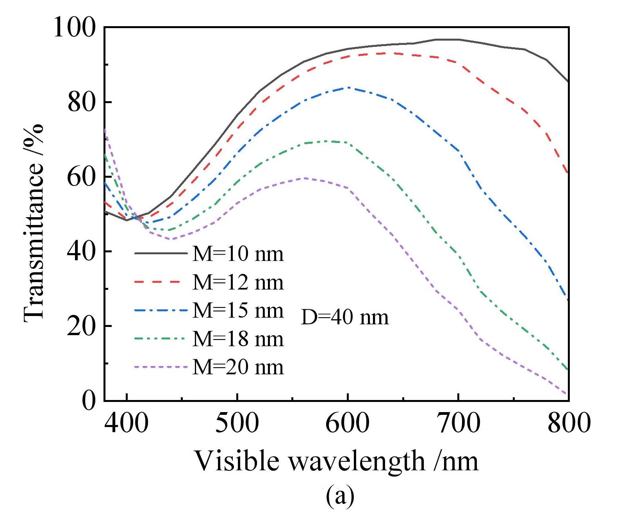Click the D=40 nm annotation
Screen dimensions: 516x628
tap(345, 317)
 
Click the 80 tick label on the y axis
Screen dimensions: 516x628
tap(81, 102)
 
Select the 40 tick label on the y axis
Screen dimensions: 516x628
tap(81, 251)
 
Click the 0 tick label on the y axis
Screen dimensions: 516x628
tap(89, 400)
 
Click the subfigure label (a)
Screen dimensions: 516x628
tap(340, 496)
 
